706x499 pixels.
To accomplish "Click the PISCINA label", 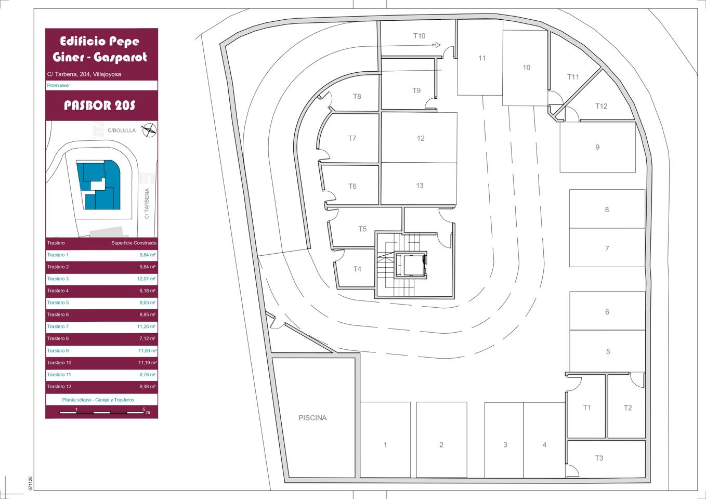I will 312,418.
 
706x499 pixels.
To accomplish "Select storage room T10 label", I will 419,36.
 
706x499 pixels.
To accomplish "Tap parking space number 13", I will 420,186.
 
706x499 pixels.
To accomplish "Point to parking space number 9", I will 597,147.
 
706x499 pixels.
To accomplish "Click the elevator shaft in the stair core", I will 411,265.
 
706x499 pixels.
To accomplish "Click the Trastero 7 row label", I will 58,326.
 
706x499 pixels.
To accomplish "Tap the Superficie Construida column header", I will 134,243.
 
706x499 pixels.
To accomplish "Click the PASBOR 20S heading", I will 100,106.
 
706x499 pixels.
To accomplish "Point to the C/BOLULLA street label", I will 121,130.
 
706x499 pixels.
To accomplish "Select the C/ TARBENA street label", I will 147,204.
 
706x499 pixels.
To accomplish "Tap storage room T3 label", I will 599,458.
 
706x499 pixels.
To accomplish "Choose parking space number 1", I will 385,444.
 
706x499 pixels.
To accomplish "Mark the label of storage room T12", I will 601,106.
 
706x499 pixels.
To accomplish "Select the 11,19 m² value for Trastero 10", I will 147,363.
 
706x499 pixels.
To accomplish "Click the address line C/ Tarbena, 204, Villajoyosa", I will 84,74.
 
